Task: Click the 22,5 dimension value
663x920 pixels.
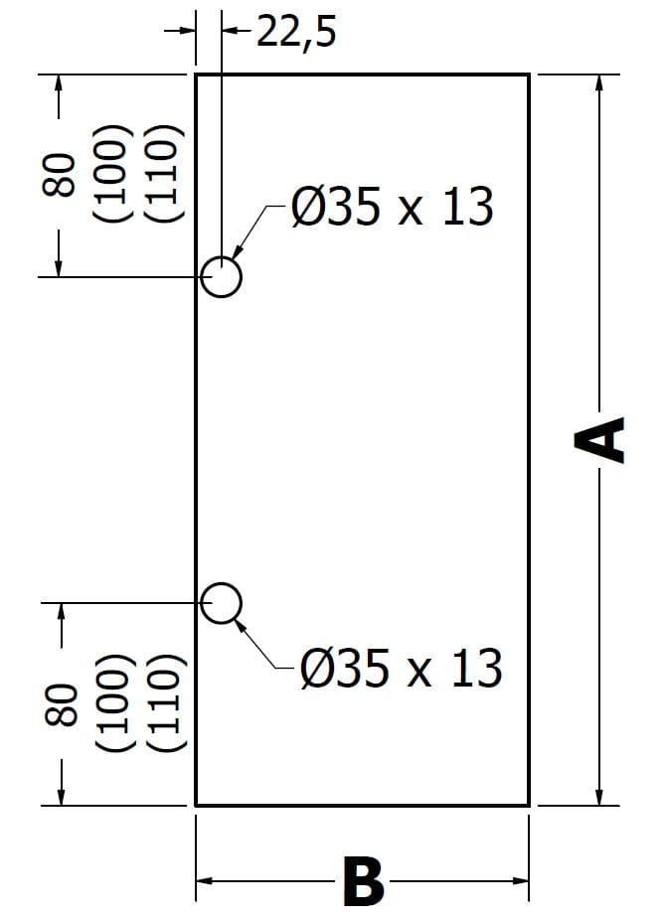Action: [296, 32]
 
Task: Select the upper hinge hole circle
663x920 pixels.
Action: [221, 276]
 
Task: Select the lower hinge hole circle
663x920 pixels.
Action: [221, 602]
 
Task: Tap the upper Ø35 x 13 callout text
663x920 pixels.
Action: [392, 209]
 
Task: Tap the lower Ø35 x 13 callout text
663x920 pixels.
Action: [401, 669]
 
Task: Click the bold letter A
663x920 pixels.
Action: [601, 439]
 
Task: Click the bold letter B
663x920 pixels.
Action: [363, 881]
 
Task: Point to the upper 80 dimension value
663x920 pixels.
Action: [59, 176]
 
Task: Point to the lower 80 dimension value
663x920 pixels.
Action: [61, 706]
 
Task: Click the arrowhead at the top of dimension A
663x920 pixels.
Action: [599, 83]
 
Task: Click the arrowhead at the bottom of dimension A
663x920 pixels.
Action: [599, 796]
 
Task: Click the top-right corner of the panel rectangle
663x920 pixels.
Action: [528, 75]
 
